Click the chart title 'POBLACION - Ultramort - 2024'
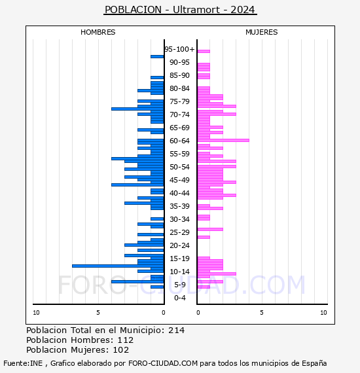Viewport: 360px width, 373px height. coord(180,10)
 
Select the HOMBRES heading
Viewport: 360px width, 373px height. coord(98,32)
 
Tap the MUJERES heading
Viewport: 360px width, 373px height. coord(262,32)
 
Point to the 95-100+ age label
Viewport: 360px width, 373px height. coord(179,49)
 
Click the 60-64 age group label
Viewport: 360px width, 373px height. coord(179,141)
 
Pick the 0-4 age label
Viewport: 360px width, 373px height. coord(179,298)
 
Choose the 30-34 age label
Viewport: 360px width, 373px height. coord(179,219)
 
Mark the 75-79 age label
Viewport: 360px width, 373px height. coord(179,101)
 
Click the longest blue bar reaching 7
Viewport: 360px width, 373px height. coord(118,266)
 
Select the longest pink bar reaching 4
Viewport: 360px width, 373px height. coord(223,140)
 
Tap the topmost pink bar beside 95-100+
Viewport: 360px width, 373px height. coord(204,51)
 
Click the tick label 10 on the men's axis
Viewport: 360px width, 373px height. coord(36,313)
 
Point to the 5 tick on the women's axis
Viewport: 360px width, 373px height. coord(262,313)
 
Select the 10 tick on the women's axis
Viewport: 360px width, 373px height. coord(323,313)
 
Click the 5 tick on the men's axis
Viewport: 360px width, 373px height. coord(98,313)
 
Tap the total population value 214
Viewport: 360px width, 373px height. coord(176,330)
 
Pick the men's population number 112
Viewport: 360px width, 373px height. coord(126,340)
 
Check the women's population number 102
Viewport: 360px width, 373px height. coord(121,350)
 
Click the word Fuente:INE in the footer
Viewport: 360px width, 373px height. coord(23,363)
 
